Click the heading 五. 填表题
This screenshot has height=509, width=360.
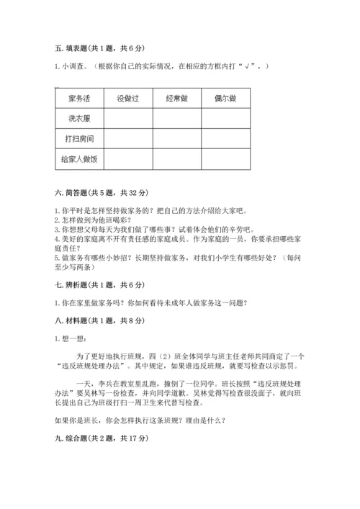[98, 48]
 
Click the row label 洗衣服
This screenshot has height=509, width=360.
[80, 117]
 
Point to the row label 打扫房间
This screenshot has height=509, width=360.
[80, 137]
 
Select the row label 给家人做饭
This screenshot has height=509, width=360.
[80, 157]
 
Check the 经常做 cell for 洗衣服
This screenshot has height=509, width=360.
[177, 117]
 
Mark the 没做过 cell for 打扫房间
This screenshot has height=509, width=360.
[129, 137]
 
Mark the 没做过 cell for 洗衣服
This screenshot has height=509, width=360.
[129, 117]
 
